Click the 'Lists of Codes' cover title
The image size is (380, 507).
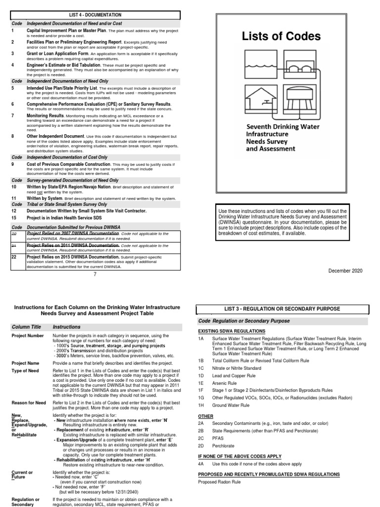pyautogui.click(x=281, y=37)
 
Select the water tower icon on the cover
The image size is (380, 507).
pyautogui.click(x=300, y=101)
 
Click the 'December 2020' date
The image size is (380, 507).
pyautogui.click(x=344, y=270)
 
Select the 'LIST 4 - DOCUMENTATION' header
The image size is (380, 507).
pyautogui.click(x=94, y=15)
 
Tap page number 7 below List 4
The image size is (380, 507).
pyautogui.click(x=94, y=275)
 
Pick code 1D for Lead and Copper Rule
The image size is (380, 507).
pyautogui.click(x=201, y=375)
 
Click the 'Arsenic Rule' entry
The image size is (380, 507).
pyautogui.click(x=225, y=383)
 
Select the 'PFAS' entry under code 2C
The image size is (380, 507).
pyautogui.click(x=218, y=438)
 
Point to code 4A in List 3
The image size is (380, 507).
pyautogui.click(x=201, y=464)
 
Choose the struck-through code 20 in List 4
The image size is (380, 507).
pyautogui.click(x=14, y=233)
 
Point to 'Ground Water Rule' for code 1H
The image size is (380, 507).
pyautogui.click(x=232, y=405)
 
